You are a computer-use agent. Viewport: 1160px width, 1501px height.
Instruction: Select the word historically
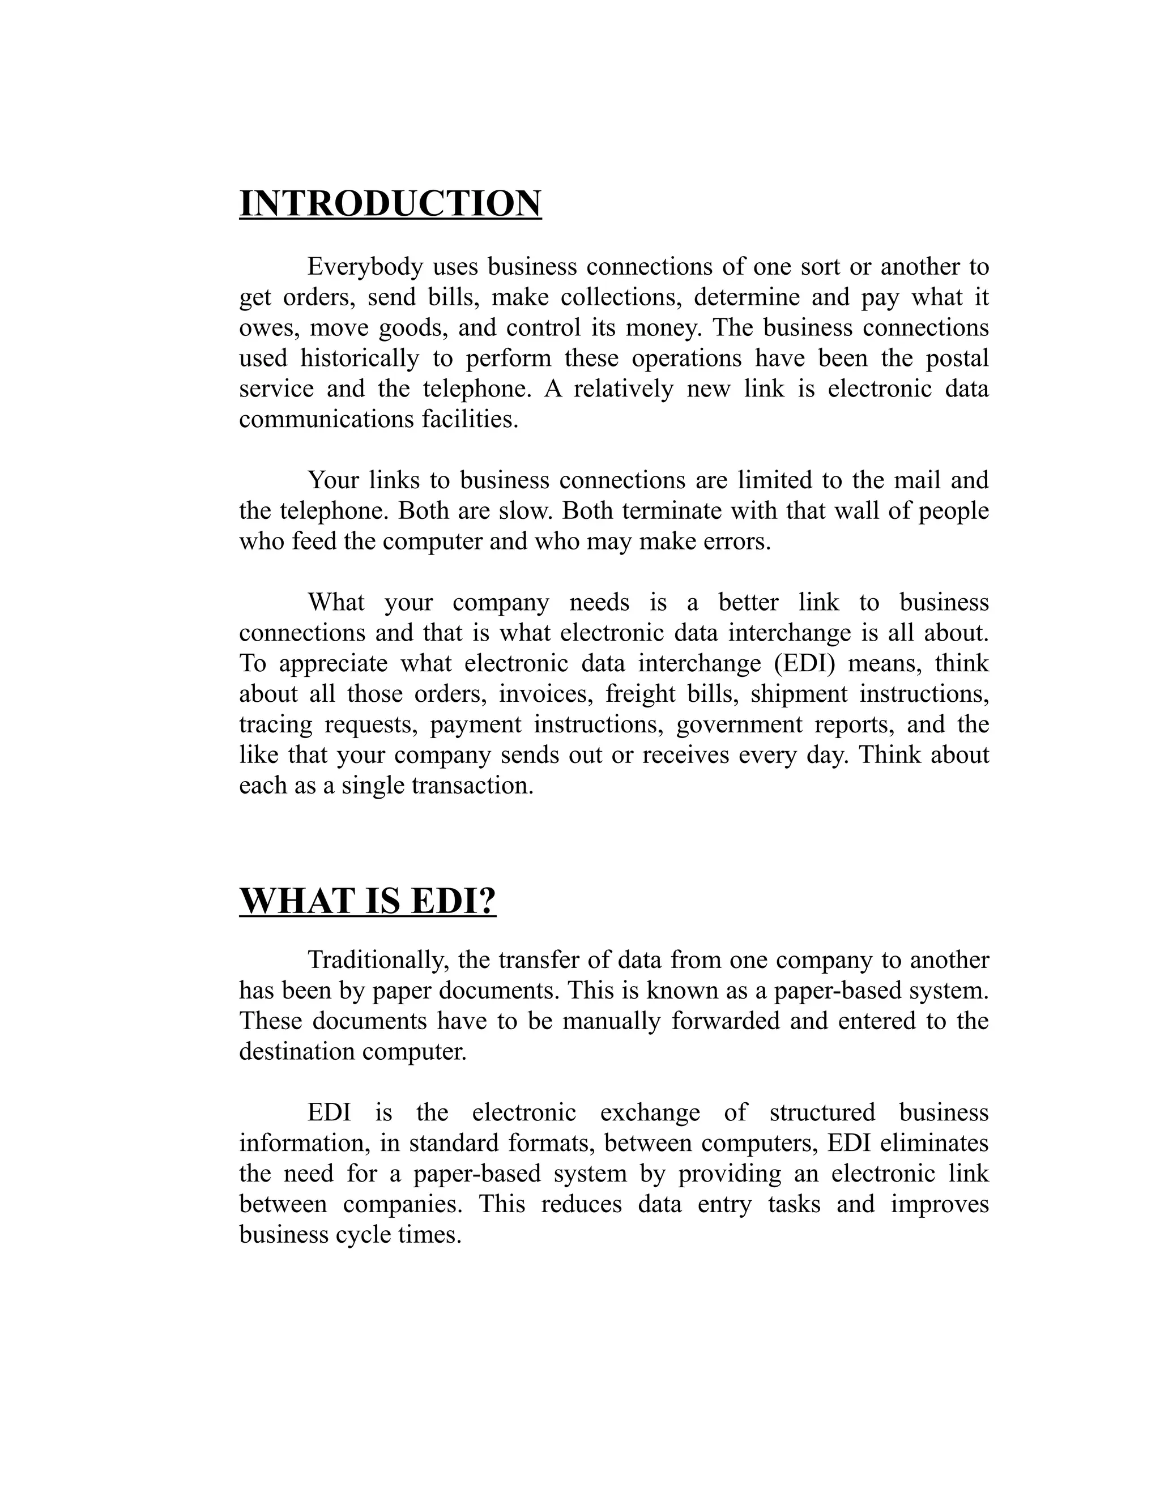point(360,358)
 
